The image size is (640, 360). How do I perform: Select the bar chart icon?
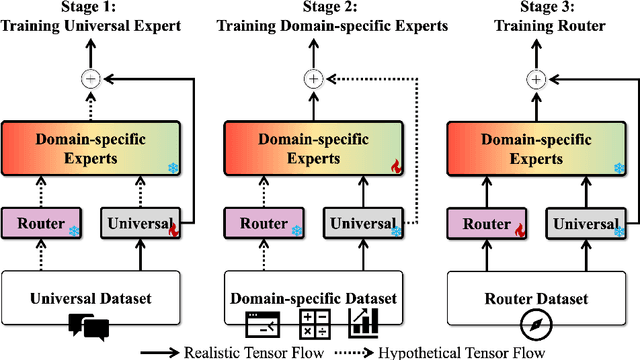coord(364,323)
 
